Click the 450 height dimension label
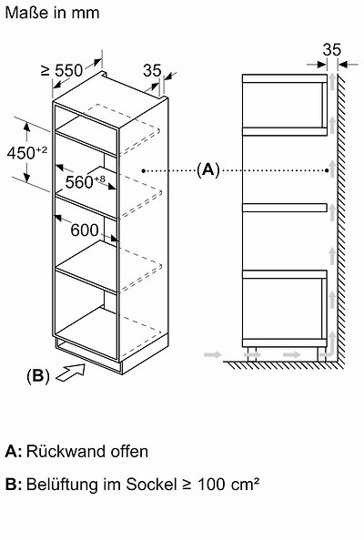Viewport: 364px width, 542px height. tap(27, 153)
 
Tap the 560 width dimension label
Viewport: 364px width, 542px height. tap(85, 182)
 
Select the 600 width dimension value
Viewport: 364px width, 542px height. tap(85, 230)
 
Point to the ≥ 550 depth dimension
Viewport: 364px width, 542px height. tap(62, 70)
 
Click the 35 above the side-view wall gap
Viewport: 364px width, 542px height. tap(331, 50)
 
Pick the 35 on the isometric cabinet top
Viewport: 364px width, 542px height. tap(152, 70)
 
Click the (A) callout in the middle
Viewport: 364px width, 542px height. tap(207, 170)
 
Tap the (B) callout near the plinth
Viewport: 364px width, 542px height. tap(38, 375)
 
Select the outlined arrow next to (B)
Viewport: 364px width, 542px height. tap(71, 373)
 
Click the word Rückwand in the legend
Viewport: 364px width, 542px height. tap(66, 452)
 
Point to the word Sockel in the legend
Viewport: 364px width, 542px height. tap(151, 485)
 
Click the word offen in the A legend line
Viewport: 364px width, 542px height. tap(129, 452)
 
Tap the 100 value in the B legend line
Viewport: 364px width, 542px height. tap(211, 485)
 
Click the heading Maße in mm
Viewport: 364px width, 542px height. tap(52, 13)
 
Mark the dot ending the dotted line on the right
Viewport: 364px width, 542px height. tap(327, 170)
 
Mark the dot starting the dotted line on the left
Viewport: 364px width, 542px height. tap(143, 170)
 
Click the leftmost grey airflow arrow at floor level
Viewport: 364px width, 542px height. tap(212, 354)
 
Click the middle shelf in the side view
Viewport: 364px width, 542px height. tap(285, 208)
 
